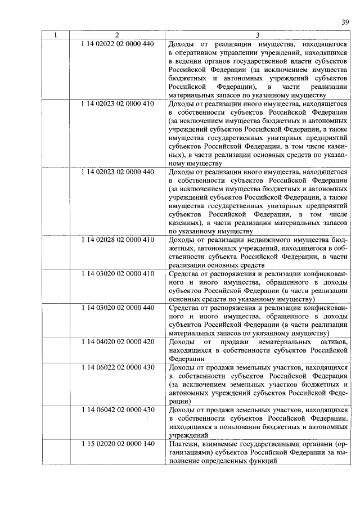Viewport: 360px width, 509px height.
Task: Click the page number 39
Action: click(345, 22)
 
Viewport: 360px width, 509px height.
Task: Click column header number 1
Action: click(55, 35)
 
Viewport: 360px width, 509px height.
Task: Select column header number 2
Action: click(117, 35)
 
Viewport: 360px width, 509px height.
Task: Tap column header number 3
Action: click(258, 35)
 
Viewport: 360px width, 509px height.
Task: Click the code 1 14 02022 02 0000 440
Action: click(117, 43)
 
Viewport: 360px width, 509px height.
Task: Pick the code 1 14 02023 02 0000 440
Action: click(117, 171)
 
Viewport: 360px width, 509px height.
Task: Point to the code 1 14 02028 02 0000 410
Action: click(117, 240)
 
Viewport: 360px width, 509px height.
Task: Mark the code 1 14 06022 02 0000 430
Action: click(117, 367)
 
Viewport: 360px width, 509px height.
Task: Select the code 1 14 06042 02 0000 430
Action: click(117, 410)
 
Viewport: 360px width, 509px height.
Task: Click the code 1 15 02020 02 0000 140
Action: click(117, 444)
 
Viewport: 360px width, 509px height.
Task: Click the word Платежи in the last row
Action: click(183, 444)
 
